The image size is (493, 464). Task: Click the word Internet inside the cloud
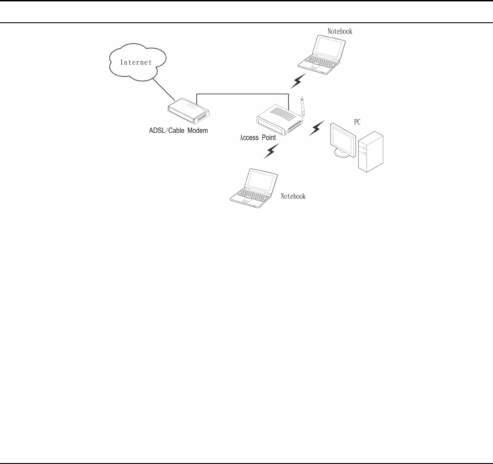tap(135, 63)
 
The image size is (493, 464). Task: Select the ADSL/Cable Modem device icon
tap(187, 113)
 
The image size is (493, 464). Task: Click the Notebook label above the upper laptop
tap(340, 32)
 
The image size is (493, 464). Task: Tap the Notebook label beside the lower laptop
tap(293, 196)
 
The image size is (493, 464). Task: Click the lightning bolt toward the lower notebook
tap(271, 152)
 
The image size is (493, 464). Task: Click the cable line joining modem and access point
tap(241, 94)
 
